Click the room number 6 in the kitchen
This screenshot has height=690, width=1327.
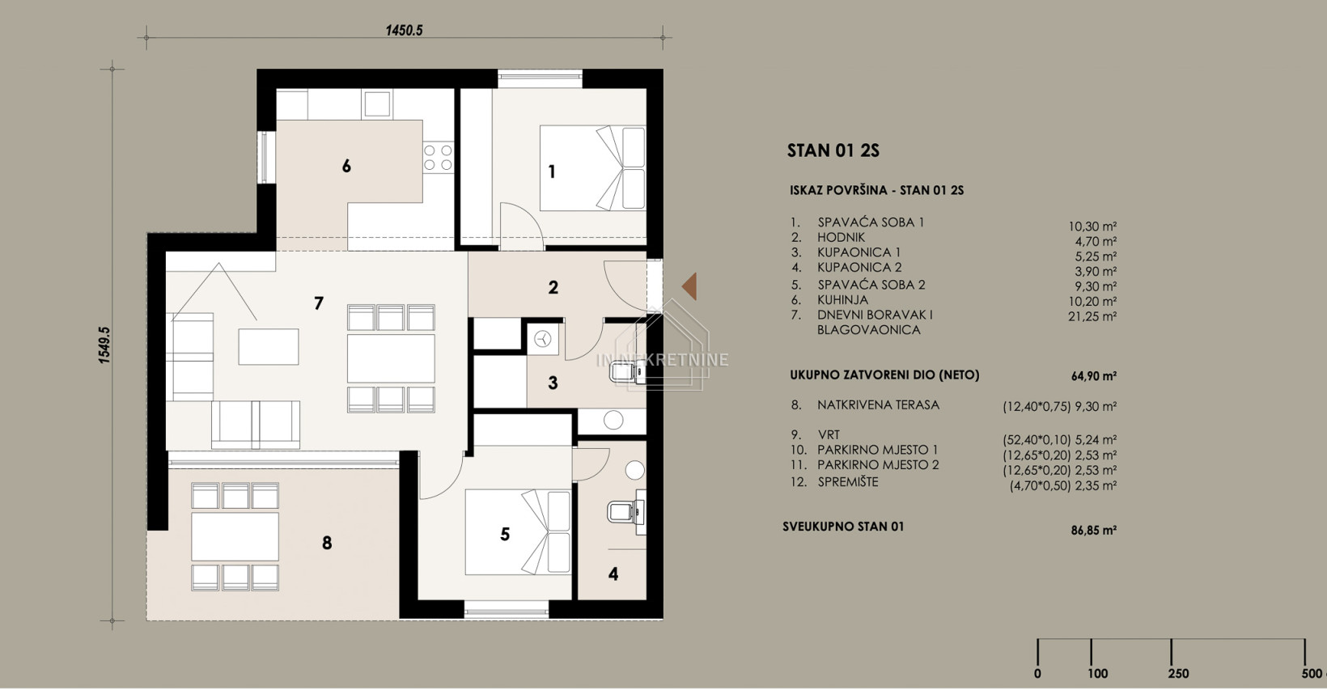pyautogui.click(x=346, y=166)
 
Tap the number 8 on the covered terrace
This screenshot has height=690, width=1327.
pyautogui.click(x=327, y=543)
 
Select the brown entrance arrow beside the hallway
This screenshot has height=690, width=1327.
pyautogui.click(x=689, y=286)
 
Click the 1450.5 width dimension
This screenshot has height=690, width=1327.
pyautogui.click(x=404, y=30)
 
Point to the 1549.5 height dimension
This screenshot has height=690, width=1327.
pyautogui.click(x=104, y=345)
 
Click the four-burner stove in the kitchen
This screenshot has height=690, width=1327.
pyautogui.click(x=439, y=158)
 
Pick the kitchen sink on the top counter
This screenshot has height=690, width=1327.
pyautogui.click(x=377, y=104)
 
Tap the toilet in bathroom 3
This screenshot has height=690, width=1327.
pyautogui.click(x=622, y=373)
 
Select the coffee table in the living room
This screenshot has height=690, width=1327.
pyautogui.click(x=269, y=346)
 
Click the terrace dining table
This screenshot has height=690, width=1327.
pyautogui.click(x=235, y=536)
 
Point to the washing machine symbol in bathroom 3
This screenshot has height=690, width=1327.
pyautogui.click(x=543, y=340)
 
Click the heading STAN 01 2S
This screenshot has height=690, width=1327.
pyautogui.click(x=833, y=151)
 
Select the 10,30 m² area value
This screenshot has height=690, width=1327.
pyautogui.click(x=1092, y=226)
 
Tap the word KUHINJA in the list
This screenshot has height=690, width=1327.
pyautogui.click(x=842, y=299)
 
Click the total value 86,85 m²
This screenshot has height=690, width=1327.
pyautogui.click(x=1094, y=530)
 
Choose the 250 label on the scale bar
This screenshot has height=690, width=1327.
pyautogui.click(x=1178, y=673)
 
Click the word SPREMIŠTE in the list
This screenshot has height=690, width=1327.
pyautogui.click(x=848, y=481)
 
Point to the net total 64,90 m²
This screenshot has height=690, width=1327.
pyautogui.click(x=1094, y=375)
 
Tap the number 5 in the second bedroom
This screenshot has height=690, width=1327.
pyautogui.click(x=505, y=534)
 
